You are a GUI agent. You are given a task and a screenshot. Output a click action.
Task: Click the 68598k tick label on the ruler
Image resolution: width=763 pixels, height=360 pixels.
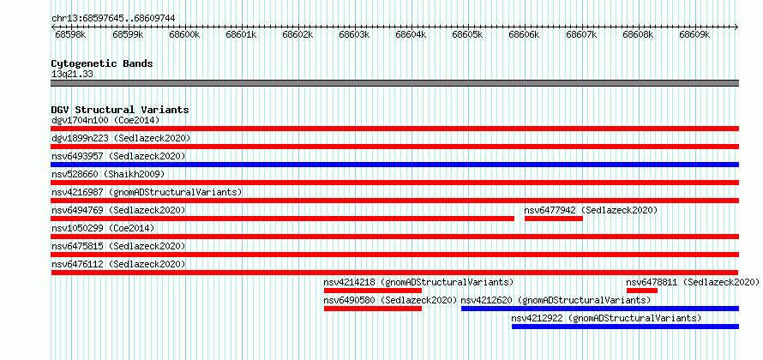70,34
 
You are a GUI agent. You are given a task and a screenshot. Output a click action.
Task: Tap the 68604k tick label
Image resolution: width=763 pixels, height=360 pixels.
411,34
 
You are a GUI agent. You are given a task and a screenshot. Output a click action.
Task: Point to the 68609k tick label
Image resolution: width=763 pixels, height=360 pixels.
694,34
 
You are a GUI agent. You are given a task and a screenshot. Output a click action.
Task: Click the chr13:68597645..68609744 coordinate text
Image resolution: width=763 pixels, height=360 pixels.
113,19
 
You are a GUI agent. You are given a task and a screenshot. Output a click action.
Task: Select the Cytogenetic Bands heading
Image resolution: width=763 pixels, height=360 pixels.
102,63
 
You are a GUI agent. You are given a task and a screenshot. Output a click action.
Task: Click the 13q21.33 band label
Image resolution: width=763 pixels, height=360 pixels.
73,75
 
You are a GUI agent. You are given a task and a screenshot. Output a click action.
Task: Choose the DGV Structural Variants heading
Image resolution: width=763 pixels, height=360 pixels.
120,110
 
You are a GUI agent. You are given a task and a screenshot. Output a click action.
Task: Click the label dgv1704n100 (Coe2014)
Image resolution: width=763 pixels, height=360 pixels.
105,120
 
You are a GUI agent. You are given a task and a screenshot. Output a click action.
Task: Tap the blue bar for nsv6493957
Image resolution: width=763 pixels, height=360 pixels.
394,165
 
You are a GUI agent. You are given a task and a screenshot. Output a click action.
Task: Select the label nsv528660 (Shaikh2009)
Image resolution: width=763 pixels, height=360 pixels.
108,174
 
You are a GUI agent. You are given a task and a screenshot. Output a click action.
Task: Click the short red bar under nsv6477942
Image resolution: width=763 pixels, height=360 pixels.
553,219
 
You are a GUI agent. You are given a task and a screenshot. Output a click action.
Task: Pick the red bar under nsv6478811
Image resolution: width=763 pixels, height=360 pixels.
642,291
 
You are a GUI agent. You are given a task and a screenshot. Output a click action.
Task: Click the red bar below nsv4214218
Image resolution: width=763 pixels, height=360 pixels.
373,291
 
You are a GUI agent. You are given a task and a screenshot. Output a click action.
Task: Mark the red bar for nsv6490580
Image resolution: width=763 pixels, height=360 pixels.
373,309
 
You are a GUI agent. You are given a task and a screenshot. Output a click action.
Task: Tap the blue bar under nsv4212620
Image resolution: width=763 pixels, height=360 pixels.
600,309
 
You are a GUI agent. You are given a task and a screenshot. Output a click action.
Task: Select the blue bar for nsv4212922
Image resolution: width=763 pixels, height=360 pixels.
625,327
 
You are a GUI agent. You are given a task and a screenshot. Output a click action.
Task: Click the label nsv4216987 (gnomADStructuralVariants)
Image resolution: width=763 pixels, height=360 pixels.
147,192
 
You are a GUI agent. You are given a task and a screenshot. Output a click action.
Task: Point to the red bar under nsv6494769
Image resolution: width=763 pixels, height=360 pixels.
283,219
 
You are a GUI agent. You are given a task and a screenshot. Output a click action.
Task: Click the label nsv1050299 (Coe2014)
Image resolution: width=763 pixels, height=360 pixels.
103,228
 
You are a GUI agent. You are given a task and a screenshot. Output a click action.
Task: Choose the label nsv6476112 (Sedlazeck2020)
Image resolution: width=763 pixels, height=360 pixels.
118,264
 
